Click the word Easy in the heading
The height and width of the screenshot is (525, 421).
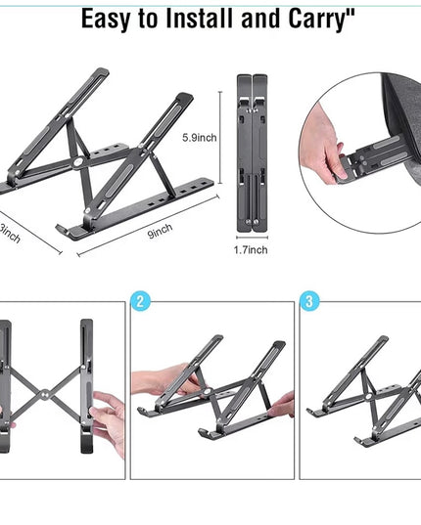pyautogui.click(x=112, y=19)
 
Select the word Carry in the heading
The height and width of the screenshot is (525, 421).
pyautogui.click(x=326, y=19)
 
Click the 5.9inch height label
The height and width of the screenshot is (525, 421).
pyautogui.click(x=201, y=139)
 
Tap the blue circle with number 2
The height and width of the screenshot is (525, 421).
pyautogui.click(x=141, y=301)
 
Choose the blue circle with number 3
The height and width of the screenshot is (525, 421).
pyautogui.click(x=309, y=301)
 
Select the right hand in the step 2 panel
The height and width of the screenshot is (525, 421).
pyautogui.click(x=281, y=403)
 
